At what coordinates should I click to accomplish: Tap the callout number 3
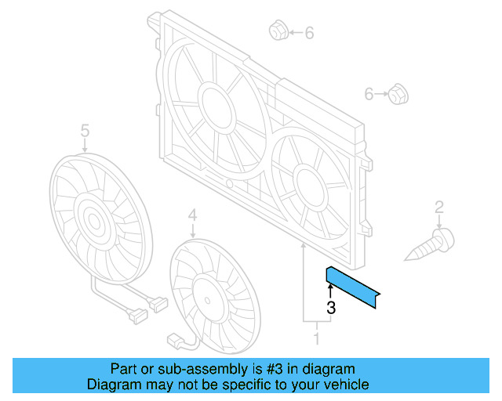point(331,309)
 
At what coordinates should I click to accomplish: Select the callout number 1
point(317,339)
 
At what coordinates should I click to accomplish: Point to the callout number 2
point(439,207)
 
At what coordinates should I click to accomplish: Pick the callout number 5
point(85,129)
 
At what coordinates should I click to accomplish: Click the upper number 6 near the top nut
point(308,33)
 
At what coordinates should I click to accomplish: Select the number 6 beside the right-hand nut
point(369,95)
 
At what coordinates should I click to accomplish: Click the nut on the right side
point(398,96)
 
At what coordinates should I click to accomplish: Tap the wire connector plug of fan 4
point(176,341)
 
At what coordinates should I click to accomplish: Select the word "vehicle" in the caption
point(345,385)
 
